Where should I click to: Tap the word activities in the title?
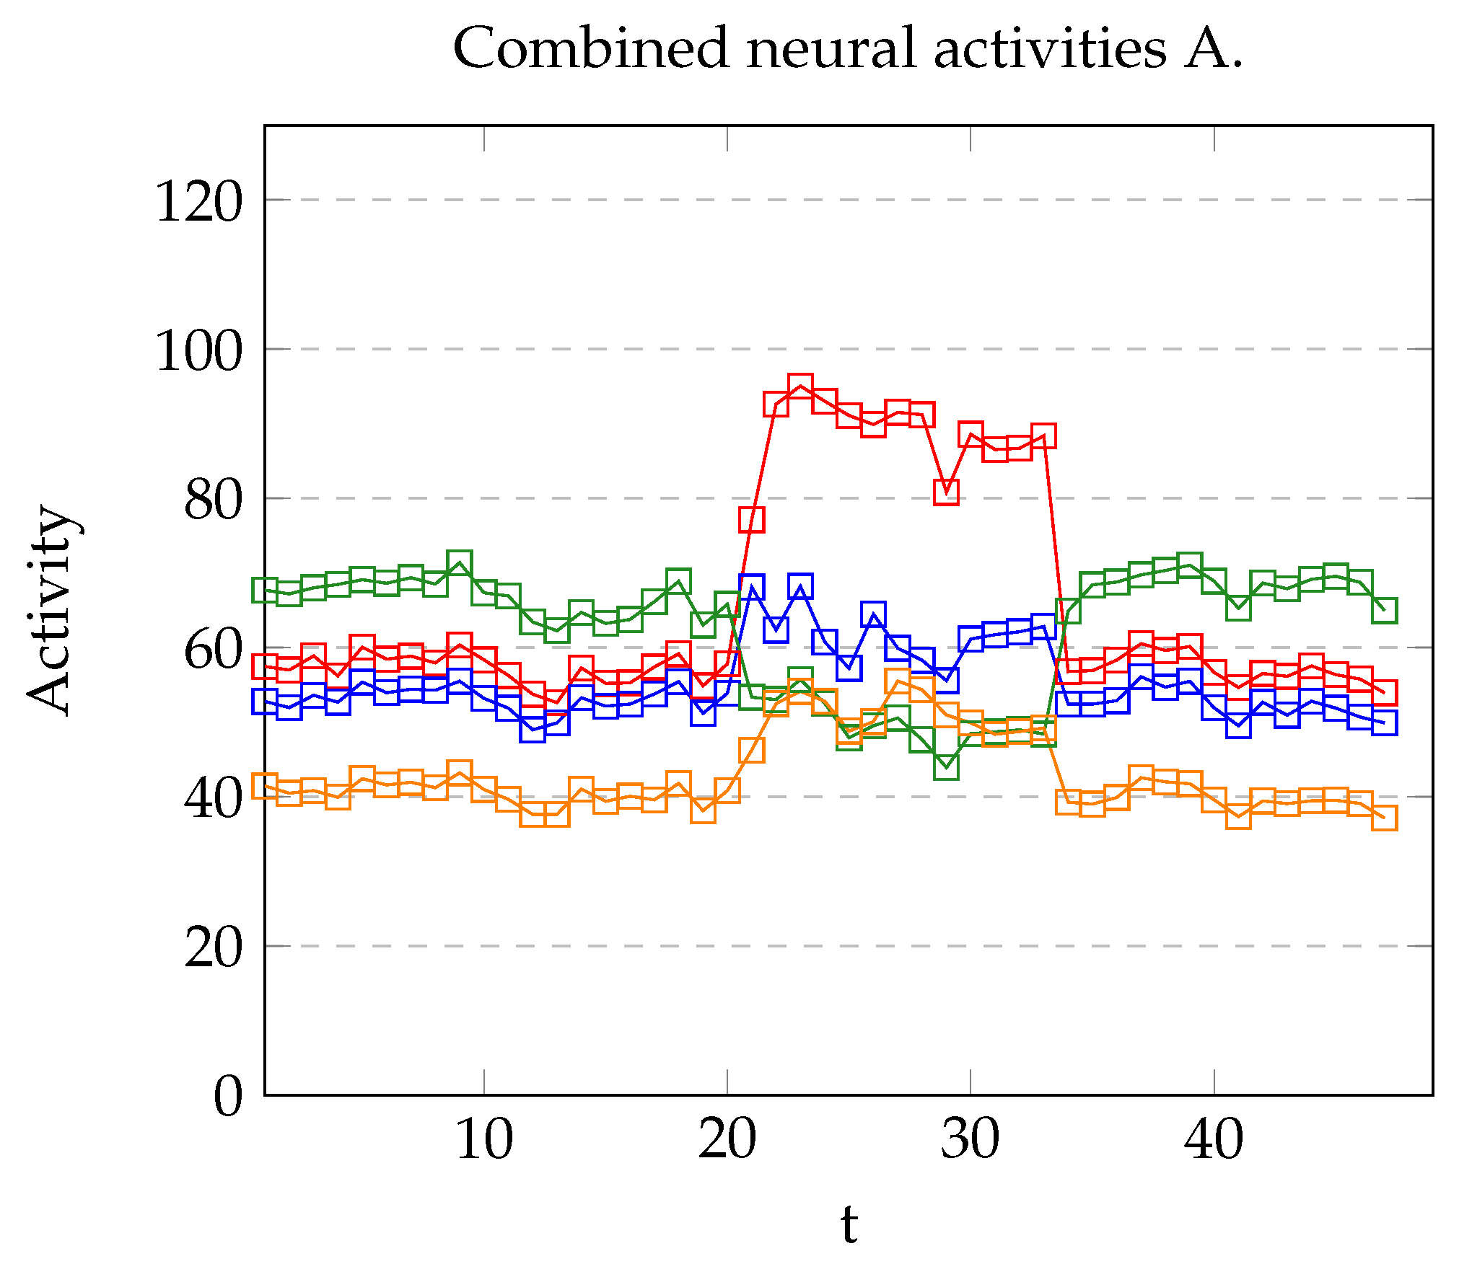coord(1050,48)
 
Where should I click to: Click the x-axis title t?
coord(849,1224)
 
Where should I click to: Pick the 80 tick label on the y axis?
coord(213,500)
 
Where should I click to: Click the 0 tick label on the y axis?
coord(228,1097)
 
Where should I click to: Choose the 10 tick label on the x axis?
coord(484,1140)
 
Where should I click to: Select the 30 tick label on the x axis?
coord(971,1140)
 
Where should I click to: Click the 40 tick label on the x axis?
coord(1214,1140)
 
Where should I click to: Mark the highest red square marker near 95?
coord(800,386)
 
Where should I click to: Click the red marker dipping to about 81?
coord(946,492)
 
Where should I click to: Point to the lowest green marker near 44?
coord(946,767)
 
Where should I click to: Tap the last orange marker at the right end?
coord(1384,818)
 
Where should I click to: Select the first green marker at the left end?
coord(265,590)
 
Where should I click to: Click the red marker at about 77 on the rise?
coord(751,519)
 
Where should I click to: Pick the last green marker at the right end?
coord(1384,610)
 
